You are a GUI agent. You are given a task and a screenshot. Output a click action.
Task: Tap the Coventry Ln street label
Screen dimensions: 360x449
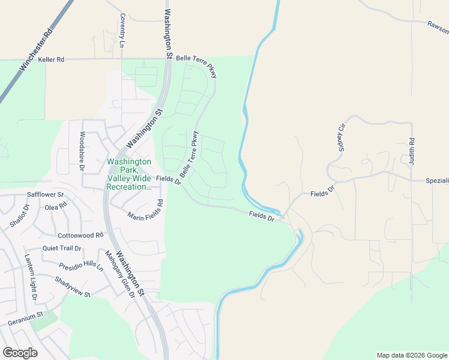[122, 30]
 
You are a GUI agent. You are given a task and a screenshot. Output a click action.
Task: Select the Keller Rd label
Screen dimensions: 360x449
[50, 60]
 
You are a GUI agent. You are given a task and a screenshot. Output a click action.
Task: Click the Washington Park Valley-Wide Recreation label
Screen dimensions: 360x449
[128, 175]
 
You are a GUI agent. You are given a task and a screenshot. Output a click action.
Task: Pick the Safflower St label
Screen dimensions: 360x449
[45, 195]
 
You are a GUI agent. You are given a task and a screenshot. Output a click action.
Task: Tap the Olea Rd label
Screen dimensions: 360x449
[56, 207]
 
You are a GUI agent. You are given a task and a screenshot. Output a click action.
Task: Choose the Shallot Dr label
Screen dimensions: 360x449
[19, 217]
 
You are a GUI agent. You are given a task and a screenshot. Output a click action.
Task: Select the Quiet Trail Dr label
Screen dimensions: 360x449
[62, 248]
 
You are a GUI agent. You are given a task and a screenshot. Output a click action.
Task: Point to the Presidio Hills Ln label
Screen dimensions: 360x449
[81, 266]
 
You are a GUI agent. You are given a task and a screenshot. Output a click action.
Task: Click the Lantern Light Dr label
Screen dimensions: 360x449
[31, 277]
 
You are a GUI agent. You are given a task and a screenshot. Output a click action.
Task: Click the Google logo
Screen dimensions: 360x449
[20, 352]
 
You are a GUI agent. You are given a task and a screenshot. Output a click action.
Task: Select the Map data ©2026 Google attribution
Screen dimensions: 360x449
[412, 355]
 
